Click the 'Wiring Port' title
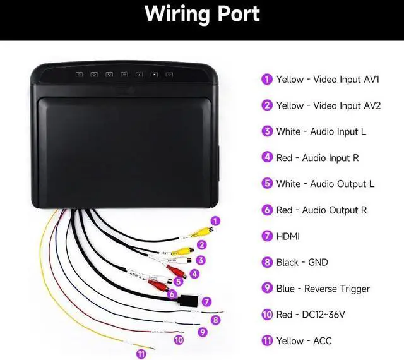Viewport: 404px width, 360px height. coord(202,15)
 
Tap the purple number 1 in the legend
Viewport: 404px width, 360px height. coord(267,80)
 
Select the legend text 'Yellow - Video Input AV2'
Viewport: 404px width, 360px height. coord(328,105)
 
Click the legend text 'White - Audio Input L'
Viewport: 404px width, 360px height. coord(321,132)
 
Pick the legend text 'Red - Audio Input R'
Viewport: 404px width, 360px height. coord(318,158)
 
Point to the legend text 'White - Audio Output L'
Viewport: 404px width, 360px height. coord(325,184)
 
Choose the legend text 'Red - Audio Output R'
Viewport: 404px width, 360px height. coord(321,210)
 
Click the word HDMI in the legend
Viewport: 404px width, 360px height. coord(288,236)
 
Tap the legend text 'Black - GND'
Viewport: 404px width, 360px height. coord(302,262)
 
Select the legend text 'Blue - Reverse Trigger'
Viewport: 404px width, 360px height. coord(323,289)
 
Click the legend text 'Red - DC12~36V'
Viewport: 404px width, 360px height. coord(311,315)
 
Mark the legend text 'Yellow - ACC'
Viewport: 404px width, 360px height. coord(304,341)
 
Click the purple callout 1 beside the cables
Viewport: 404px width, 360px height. coord(216,221)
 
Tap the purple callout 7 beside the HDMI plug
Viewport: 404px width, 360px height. coord(206,302)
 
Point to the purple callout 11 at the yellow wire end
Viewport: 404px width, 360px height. coord(141,354)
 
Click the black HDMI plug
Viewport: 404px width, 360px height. coord(188,301)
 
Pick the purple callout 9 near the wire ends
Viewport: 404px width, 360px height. coord(202,332)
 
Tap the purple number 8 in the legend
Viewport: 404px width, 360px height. coord(267,262)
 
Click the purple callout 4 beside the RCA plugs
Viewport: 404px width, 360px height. coord(194,273)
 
